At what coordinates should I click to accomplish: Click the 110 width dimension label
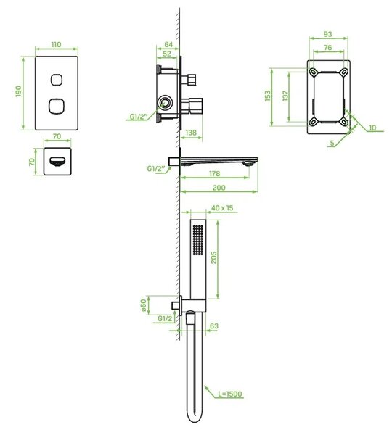[56, 44]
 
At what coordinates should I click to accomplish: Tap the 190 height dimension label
[18, 91]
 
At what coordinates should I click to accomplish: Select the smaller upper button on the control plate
[57, 80]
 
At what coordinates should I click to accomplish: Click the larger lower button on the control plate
[57, 106]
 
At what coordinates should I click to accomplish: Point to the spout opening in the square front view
[57, 162]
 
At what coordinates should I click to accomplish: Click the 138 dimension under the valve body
[191, 133]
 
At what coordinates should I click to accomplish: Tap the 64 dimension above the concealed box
[168, 44]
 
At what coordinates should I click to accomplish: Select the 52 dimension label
[167, 54]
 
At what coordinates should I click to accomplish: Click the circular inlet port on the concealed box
[165, 103]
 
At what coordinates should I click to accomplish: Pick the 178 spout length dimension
[214, 173]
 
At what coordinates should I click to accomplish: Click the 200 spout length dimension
[219, 188]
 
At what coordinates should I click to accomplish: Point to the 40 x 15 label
[222, 208]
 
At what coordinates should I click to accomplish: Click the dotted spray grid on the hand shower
[197, 240]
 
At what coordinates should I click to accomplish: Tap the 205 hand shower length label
[213, 257]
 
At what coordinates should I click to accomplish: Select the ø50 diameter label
[143, 305]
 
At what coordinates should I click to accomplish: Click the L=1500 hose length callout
[229, 394]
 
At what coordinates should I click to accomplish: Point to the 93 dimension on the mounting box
[328, 34]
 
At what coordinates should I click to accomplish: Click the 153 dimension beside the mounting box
[268, 96]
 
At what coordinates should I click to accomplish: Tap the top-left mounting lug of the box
[314, 72]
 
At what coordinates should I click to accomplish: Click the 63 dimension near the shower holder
[214, 326]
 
